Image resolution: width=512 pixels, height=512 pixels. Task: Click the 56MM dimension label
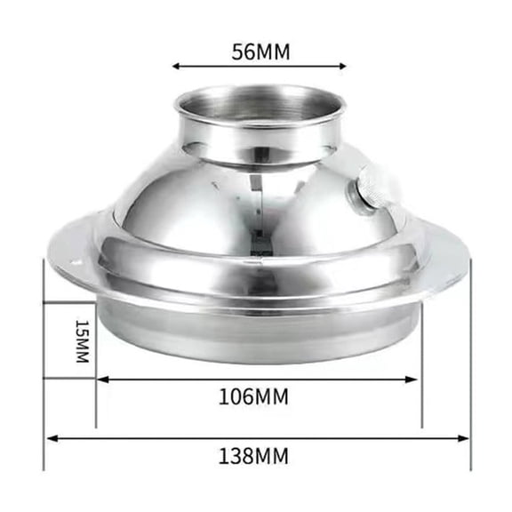coord(260,51)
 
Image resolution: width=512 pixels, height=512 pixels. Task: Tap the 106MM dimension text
coord(253,396)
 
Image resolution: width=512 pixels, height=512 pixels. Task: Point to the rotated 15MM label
coord(81,340)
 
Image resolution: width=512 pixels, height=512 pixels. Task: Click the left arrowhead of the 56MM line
coord(176,66)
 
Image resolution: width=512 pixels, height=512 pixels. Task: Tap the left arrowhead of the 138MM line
coord(50,437)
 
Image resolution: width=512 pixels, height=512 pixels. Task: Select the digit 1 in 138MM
coord(223,458)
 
